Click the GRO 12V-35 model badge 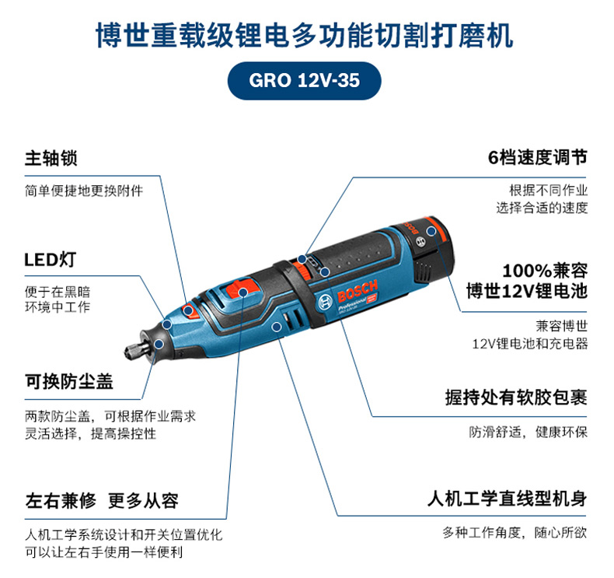pyautogui.click(x=304, y=80)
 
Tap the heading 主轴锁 pyautogui.click(x=51, y=158)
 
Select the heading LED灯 pyautogui.click(x=50, y=259)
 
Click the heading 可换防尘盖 pyautogui.click(x=69, y=381)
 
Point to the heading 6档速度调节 pyautogui.click(x=538, y=157)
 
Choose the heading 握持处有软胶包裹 pyautogui.click(x=516, y=398)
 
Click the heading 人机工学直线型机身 pyautogui.click(x=507, y=499)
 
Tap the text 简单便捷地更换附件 pyautogui.click(x=84, y=191)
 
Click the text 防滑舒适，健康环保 pyautogui.click(x=529, y=433)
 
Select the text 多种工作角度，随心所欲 pyautogui.click(x=515, y=533)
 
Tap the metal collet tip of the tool pyautogui.click(x=133, y=349)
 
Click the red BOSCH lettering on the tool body pyautogui.click(x=358, y=291)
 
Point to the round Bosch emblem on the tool pyautogui.click(x=325, y=302)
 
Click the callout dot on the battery pyautogui.click(x=431, y=231)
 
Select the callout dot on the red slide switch pyautogui.click(x=243, y=292)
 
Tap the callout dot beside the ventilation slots pyautogui.click(x=277, y=326)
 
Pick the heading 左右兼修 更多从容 pyautogui.click(x=102, y=501)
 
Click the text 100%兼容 pyautogui.click(x=545, y=271)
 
